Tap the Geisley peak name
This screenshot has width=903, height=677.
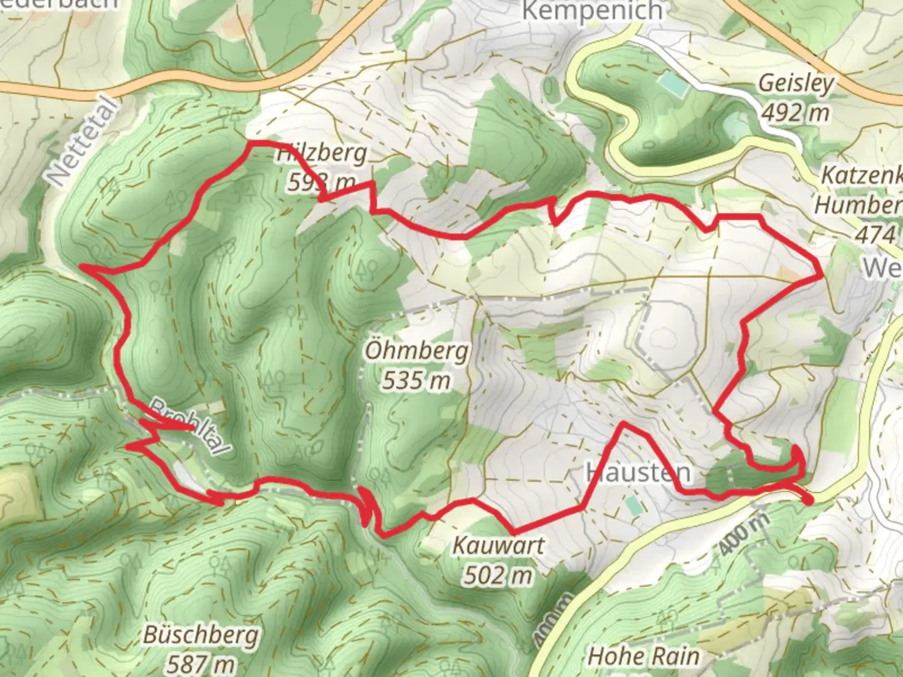point(796,83)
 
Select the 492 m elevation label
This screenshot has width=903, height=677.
point(796,113)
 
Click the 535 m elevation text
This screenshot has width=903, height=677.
point(417,380)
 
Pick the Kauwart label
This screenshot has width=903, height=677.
point(499,545)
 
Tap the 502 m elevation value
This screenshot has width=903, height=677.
point(499,575)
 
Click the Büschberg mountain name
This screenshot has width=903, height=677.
point(201,634)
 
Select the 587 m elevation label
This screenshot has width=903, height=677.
point(201,663)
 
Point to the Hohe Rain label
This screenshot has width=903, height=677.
point(643,656)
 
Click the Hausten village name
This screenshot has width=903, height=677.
point(638,473)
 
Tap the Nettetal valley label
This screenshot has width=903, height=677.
point(82,143)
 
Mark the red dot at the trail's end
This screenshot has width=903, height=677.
point(808,499)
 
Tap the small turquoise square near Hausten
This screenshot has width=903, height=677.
point(634,505)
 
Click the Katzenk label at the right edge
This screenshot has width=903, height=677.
point(862,176)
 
